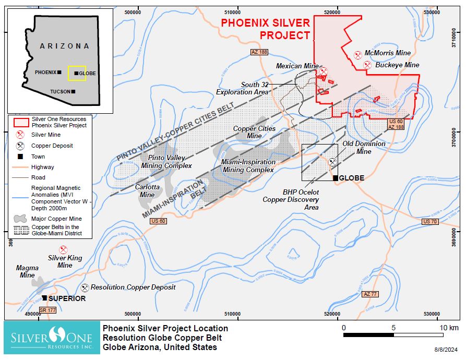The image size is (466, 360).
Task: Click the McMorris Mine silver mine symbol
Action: point(358,54)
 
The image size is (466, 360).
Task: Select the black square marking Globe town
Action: point(336,178)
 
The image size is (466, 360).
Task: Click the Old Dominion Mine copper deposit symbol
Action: point(332,162)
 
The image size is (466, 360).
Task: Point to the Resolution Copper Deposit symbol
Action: point(85,287)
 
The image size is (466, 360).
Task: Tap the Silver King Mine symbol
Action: point(64,250)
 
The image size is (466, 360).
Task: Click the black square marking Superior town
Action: point(45,298)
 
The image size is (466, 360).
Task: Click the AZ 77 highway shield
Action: point(370,294)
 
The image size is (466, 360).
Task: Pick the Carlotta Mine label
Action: point(145,191)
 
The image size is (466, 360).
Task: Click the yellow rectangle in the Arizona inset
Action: point(77,73)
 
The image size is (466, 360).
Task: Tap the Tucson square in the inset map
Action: point(73,91)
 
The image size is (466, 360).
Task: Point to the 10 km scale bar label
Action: point(449,328)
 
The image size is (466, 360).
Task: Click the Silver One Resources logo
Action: point(51,338)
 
